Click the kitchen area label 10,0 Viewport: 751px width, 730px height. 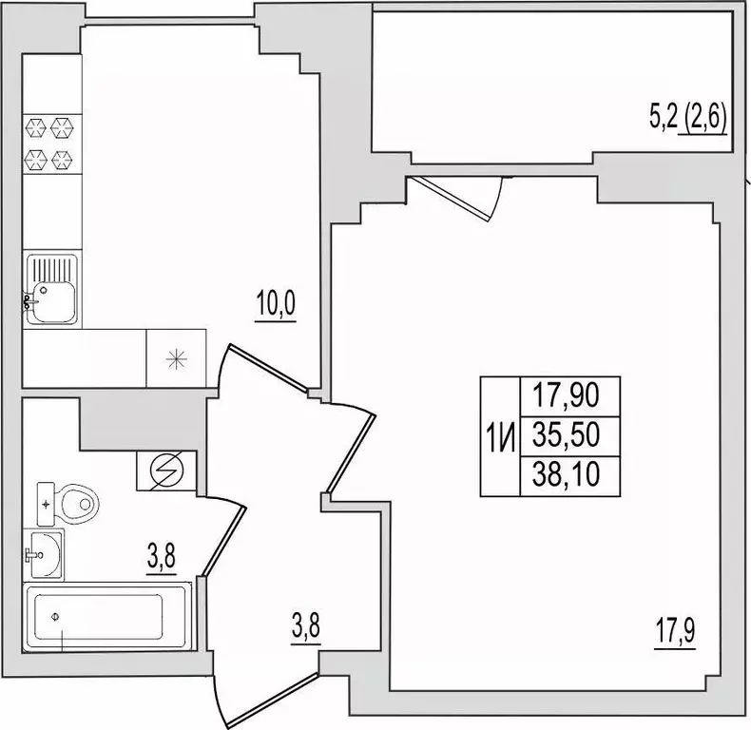pos(276,303)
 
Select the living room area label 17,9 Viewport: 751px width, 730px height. pos(675,631)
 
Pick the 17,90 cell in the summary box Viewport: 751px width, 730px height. pos(567,395)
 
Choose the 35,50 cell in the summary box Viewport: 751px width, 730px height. pos(567,435)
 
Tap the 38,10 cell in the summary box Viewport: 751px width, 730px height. pos(567,474)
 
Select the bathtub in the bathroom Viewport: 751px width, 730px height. pos(107,617)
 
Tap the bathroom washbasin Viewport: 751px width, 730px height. pos(44,554)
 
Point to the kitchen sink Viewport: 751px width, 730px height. pos(51,290)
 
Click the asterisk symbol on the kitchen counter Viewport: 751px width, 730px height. pos(176,358)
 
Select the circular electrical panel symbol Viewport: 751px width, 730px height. pos(166,470)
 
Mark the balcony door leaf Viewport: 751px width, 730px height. pos(449,199)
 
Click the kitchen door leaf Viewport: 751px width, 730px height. pos(268,368)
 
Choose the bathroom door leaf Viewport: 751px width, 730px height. pos(224,540)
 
